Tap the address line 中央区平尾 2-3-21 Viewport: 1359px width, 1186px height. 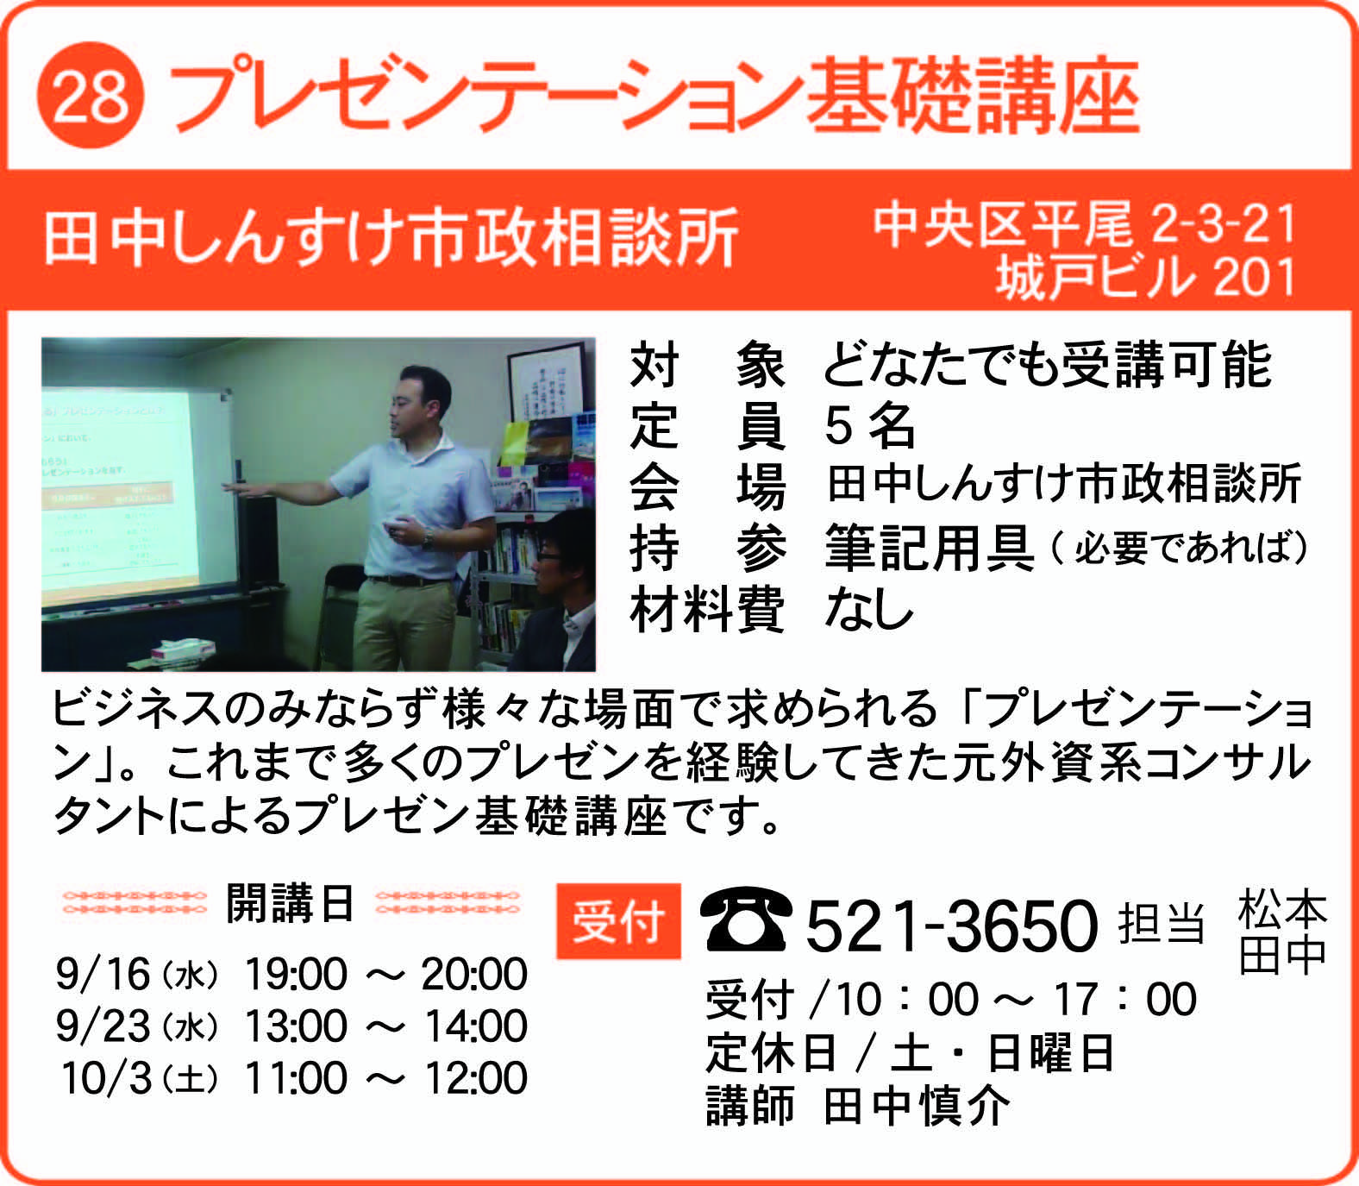1085,225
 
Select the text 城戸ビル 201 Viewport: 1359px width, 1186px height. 1147,278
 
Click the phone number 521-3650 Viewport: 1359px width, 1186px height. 952,926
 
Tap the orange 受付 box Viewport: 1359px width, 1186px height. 618,921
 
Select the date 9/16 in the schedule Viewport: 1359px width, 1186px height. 103,975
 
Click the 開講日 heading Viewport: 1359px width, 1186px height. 290,904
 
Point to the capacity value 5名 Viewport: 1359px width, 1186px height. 869,425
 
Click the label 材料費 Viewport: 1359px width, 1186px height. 707,609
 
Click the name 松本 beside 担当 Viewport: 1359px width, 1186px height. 1282,910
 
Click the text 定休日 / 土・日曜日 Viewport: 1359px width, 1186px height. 910,1053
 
